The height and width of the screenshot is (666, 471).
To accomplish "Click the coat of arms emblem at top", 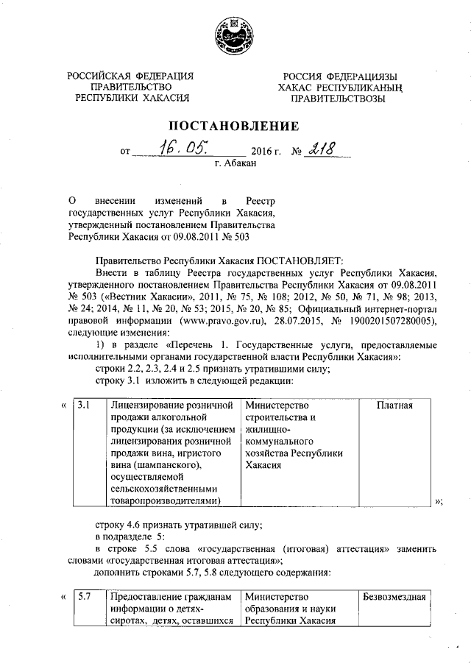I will coord(235,36).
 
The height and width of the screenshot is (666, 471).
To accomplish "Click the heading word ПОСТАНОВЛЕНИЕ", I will coord(235,126).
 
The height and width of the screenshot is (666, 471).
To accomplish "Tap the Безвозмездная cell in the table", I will coord(394,597).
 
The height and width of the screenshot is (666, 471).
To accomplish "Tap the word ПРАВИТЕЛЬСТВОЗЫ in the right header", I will coord(337,98).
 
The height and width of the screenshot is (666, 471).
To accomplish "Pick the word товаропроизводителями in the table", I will coord(164,500).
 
